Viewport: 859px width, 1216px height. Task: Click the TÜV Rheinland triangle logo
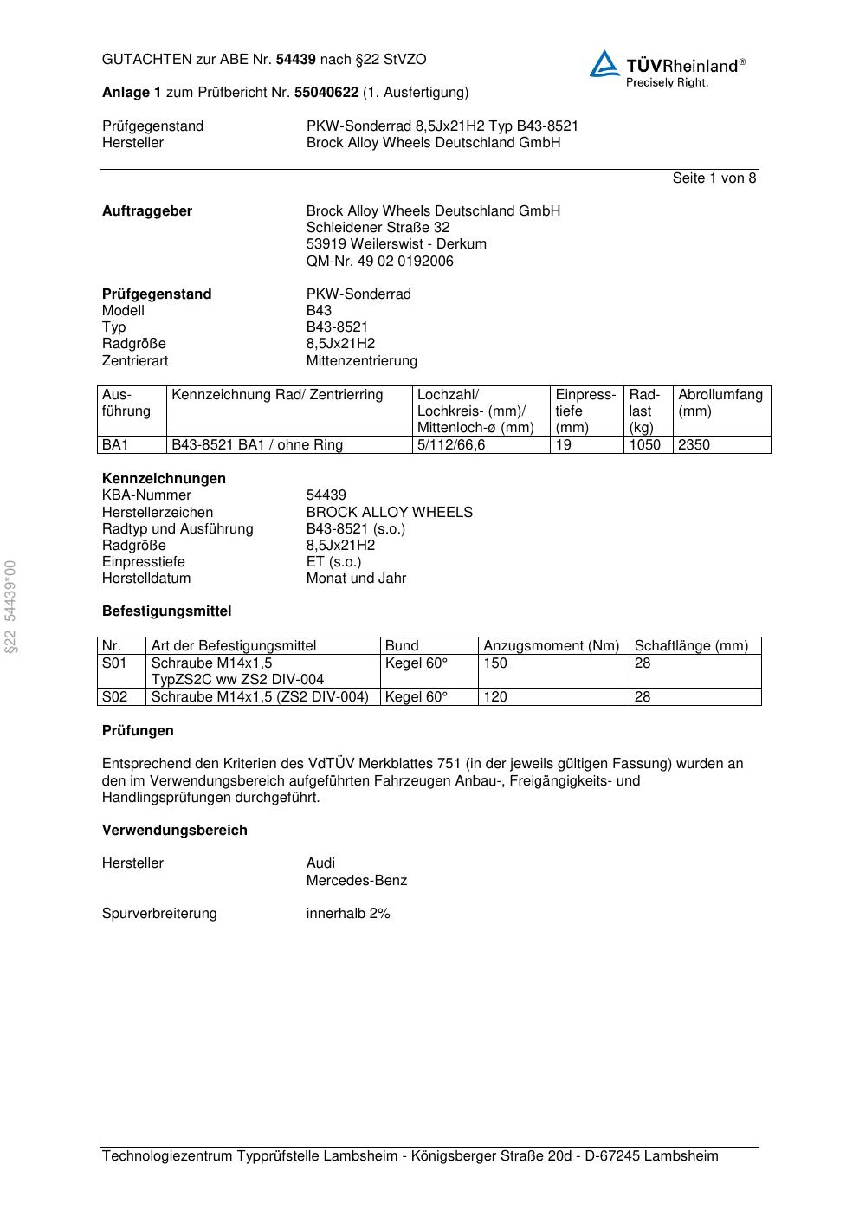(604, 64)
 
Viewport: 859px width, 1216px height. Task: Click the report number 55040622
(326, 92)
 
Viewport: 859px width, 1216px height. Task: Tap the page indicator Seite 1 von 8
(714, 178)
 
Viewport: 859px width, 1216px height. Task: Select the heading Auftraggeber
(147, 211)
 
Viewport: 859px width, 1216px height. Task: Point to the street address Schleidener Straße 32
(378, 228)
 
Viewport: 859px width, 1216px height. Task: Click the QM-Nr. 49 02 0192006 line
(379, 262)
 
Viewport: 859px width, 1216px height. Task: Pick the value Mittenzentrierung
(361, 361)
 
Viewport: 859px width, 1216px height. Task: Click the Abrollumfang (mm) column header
(720, 403)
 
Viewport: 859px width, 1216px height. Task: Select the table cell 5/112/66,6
(451, 445)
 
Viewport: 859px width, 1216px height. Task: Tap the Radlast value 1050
(644, 445)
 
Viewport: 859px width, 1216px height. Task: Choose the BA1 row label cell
(115, 445)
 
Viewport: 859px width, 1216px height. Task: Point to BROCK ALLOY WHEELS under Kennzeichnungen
(389, 513)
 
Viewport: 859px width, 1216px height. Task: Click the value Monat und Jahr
(356, 579)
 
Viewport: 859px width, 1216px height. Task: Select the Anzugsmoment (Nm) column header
(551, 646)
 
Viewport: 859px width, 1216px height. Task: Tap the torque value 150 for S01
(495, 663)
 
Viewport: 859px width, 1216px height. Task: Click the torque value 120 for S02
(495, 697)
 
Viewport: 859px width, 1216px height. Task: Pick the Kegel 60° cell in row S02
(417, 697)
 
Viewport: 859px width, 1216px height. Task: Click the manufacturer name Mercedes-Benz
(356, 881)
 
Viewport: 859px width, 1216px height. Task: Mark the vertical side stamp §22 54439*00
(10, 606)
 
